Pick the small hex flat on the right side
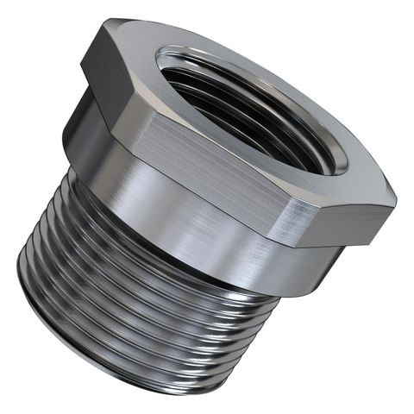point(341,216)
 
